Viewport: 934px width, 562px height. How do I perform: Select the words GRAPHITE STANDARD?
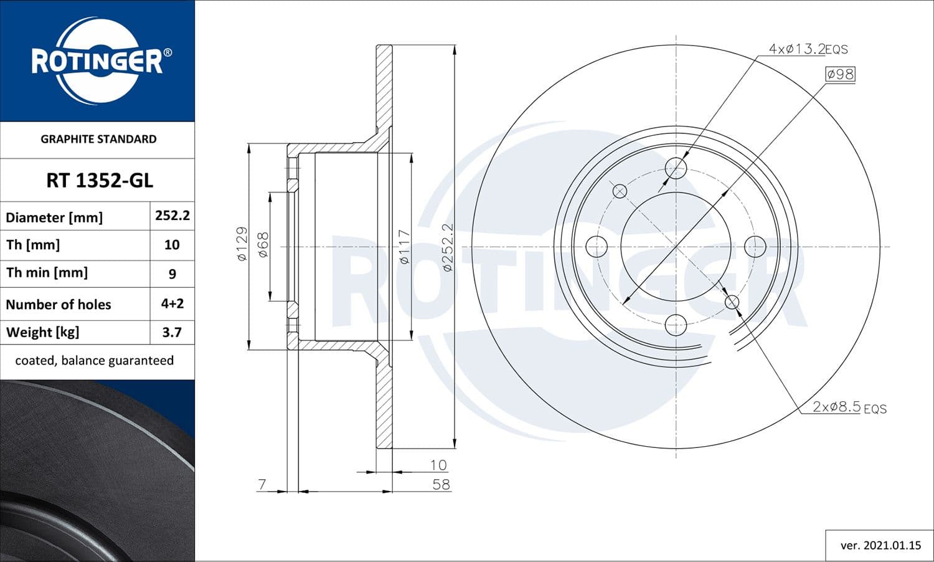coord(98,139)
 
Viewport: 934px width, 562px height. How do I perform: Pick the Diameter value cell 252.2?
coord(172,216)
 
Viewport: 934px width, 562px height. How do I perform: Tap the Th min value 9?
coord(172,274)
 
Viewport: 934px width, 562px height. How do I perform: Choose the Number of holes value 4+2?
coord(172,303)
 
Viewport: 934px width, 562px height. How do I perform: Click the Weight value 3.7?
coord(172,332)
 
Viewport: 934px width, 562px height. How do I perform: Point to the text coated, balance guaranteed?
coord(95,360)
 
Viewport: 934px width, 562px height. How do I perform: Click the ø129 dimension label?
coord(242,244)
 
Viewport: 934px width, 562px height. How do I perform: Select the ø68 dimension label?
coord(263,245)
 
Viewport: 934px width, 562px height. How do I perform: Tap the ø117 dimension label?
coord(405,247)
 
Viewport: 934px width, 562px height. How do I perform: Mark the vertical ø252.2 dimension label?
coord(448,247)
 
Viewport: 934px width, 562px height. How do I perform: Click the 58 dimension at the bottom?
coord(441,484)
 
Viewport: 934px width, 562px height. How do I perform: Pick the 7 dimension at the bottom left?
coord(262,484)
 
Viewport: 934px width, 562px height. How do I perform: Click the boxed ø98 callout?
coord(840,74)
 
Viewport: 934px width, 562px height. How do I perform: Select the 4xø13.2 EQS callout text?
coord(808,49)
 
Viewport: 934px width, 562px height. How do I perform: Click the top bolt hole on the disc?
coord(676,168)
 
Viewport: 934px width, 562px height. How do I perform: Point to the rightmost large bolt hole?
coord(755,247)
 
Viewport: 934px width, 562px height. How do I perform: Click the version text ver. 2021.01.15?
coord(880,545)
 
